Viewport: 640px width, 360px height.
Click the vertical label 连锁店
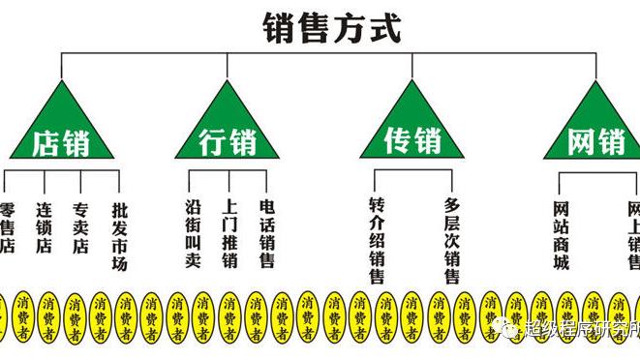point(44,227)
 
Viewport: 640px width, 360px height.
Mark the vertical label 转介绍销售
point(377,241)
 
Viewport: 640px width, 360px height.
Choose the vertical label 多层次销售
point(451,241)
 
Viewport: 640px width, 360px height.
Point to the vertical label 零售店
point(7,227)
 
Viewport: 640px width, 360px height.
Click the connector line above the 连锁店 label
point(44,181)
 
